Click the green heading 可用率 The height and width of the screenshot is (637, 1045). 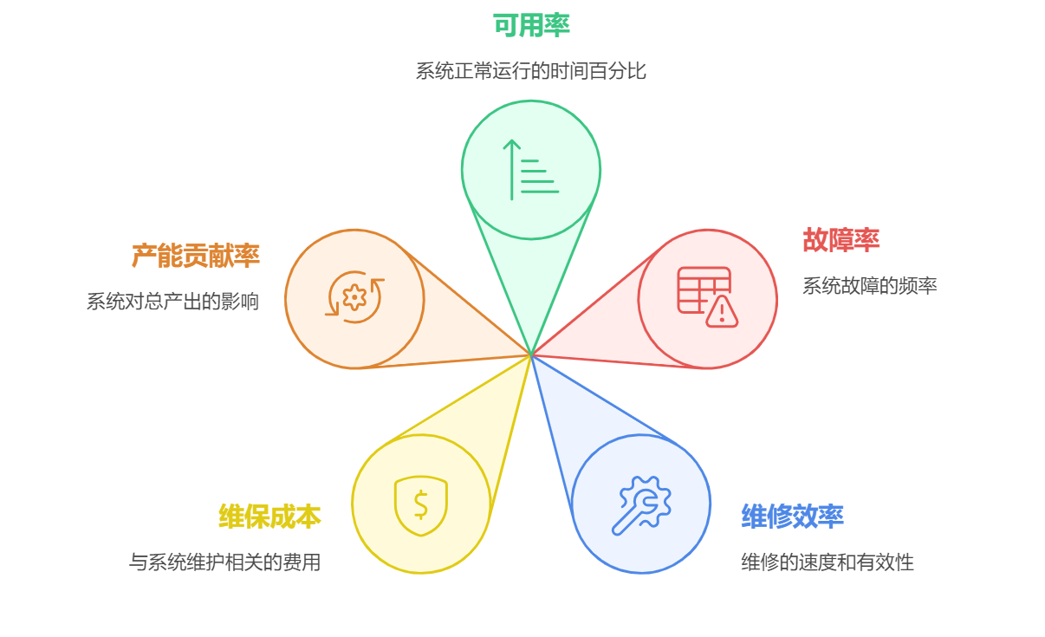coord(530,26)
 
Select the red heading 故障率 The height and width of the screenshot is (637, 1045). coord(841,240)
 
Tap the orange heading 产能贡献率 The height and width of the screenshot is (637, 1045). coord(195,256)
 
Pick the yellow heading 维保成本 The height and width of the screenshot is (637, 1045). coord(269,517)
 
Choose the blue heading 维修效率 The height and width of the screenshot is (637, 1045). coord(792,517)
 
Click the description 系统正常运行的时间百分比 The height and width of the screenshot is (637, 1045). coord(530,71)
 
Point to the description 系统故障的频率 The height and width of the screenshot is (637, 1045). coord(869,286)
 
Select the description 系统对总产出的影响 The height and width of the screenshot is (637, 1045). coord(172,302)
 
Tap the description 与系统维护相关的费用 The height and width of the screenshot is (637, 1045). coord(224,562)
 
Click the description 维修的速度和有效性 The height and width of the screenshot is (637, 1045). coord(827,562)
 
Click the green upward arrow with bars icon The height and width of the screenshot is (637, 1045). coord(531,170)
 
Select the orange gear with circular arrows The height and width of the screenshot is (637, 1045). coord(354,298)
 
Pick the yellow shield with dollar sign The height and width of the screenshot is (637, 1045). coord(421,504)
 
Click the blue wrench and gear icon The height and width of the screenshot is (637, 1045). coord(641,504)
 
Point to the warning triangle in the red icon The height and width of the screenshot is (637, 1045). coord(721,312)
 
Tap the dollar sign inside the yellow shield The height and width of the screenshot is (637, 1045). coord(421,504)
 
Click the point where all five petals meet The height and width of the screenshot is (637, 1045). coord(531,354)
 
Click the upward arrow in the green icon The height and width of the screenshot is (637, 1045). coord(512,170)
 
